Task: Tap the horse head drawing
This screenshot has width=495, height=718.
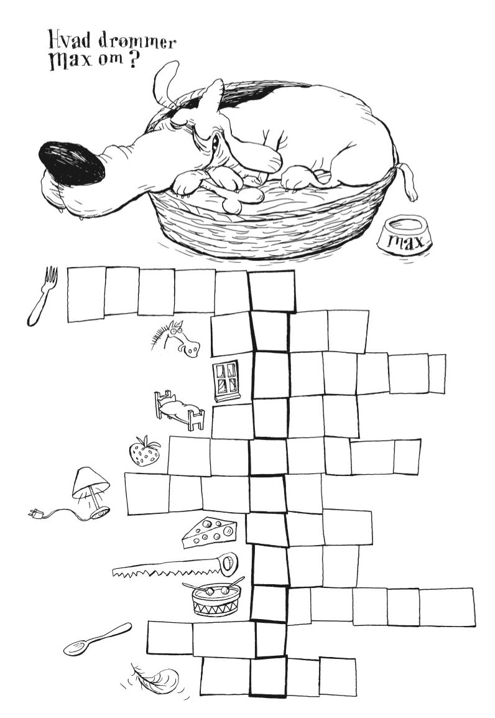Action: coord(177,340)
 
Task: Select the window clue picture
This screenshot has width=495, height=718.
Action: coord(226,380)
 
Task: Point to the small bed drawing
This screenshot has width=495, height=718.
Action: coord(179,410)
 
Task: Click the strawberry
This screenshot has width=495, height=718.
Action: coord(144,451)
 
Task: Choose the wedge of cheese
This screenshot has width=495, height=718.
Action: coord(209,532)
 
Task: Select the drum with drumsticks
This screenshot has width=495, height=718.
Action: coord(215,597)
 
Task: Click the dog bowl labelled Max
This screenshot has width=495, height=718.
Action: coord(405,235)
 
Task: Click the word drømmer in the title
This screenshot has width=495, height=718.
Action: coord(137,41)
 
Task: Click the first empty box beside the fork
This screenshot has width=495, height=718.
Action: coord(86,294)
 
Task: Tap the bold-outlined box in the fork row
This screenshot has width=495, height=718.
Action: coord(272,291)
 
